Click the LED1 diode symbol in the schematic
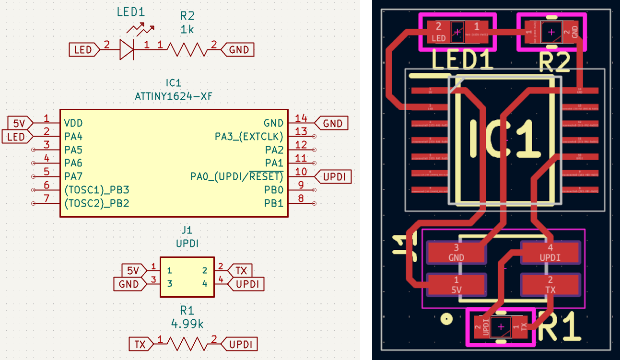(126, 49)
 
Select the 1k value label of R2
(187, 30)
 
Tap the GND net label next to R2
(239, 49)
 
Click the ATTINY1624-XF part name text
(174, 97)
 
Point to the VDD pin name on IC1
(73, 123)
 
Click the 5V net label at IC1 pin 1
(20, 123)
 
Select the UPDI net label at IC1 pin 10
(334, 176)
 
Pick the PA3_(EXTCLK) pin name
(249, 137)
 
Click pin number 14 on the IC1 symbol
(301, 118)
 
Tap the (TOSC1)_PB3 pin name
(97, 190)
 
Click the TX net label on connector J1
(241, 270)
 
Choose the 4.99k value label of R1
(187, 324)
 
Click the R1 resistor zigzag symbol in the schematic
(187, 344)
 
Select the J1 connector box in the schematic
(187, 277)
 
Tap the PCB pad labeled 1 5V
(456, 285)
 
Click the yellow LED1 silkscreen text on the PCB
(462, 61)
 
